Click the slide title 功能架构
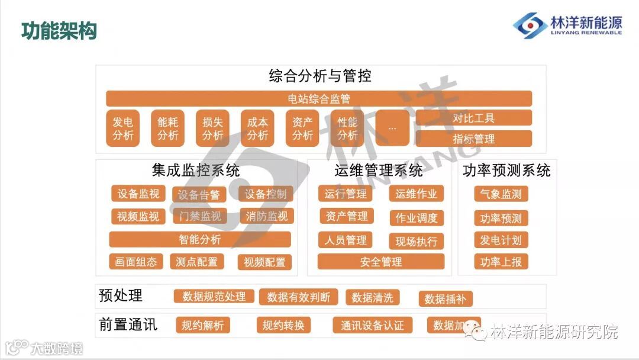pyautogui.click(x=59, y=30)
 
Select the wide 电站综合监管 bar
pyautogui.click(x=318, y=99)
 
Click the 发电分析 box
pyautogui.click(x=123, y=128)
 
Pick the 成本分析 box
pyautogui.click(x=257, y=128)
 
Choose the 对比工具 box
pyautogui.click(x=473, y=118)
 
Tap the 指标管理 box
pyautogui.click(x=473, y=139)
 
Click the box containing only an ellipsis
pyautogui.click(x=392, y=128)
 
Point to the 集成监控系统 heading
pyautogui.click(x=196, y=171)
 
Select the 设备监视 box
pyautogui.click(x=138, y=194)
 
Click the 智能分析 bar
pyautogui.click(x=200, y=239)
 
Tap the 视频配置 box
pyautogui.click(x=264, y=262)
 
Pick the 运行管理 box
pyautogui.click(x=346, y=194)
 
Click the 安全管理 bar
pyautogui.click(x=380, y=261)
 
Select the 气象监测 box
pyautogui.click(x=501, y=194)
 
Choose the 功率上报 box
pyautogui.click(x=501, y=261)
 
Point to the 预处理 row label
pyautogui.click(x=121, y=295)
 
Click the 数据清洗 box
pyautogui.click(x=372, y=297)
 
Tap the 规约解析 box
pyautogui.click(x=202, y=325)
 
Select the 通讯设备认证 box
pyautogui.click(x=372, y=325)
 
